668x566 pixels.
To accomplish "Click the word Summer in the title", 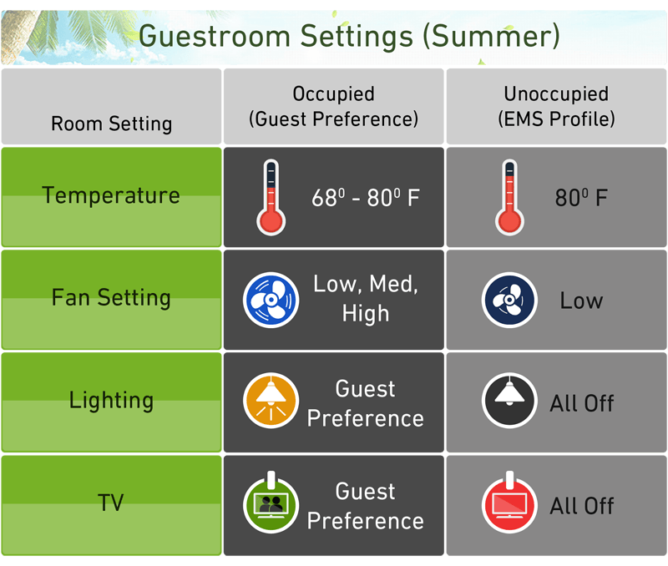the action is [x=491, y=36].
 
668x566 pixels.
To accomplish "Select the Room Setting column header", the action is [x=112, y=124].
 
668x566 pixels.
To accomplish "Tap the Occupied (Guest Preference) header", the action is [x=333, y=107].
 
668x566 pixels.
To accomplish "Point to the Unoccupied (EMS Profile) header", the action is [x=556, y=107].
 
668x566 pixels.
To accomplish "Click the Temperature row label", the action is [x=111, y=196].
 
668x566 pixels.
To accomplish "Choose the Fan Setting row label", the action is [x=111, y=298].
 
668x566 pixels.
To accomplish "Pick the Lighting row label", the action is [x=111, y=401].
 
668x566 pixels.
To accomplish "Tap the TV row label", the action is [x=111, y=503].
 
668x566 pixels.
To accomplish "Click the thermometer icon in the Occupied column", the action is [x=271, y=198].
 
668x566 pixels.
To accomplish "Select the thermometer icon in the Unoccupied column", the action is [x=509, y=198].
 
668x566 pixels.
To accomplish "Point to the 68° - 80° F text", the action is [x=366, y=198].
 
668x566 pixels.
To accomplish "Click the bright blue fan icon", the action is [x=271, y=300].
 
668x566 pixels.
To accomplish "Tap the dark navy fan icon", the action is [x=509, y=300].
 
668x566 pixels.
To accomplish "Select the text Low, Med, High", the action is [x=366, y=299].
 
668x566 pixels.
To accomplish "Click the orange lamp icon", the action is [x=271, y=401].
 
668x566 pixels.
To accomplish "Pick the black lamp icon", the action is [x=509, y=401].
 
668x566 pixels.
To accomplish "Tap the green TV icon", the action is [x=271, y=503].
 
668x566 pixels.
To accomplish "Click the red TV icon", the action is [x=509, y=503].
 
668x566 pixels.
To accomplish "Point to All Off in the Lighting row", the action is [x=582, y=403].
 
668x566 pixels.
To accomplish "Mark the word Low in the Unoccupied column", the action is [x=581, y=301].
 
